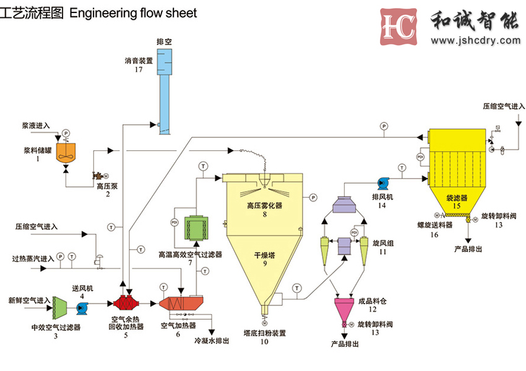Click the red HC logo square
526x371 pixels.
[399, 25]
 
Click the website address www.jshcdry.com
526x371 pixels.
[476, 41]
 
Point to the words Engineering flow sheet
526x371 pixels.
[134, 12]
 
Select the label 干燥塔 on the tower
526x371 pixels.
[264, 254]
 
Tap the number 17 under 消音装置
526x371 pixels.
[138, 69]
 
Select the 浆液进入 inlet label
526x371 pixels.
[37, 126]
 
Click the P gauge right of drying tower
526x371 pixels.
[313, 197]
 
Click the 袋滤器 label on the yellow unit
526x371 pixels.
[457, 198]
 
